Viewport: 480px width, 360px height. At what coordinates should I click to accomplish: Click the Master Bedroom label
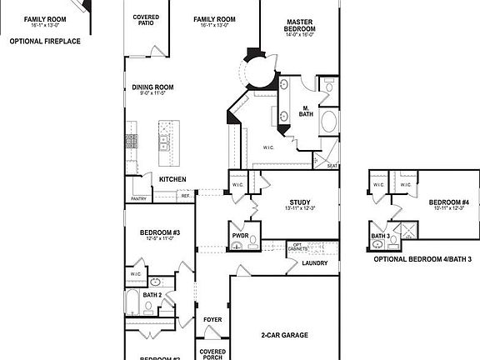pyautogui.click(x=299, y=25)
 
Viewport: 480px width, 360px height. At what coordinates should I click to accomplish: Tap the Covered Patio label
pyautogui.click(x=147, y=19)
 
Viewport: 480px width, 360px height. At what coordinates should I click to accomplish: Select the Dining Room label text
pyautogui.click(x=152, y=87)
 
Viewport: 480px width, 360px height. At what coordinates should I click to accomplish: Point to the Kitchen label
pyautogui.click(x=172, y=179)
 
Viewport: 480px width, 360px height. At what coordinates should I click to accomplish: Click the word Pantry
pyautogui.click(x=138, y=198)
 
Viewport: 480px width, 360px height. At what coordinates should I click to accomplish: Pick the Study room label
pyautogui.click(x=300, y=202)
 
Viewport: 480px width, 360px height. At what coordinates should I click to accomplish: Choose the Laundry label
pyautogui.click(x=315, y=263)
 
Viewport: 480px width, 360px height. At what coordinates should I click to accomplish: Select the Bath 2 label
pyautogui.click(x=151, y=295)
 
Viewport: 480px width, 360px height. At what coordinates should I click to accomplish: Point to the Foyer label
pyautogui.click(x=212, y=319)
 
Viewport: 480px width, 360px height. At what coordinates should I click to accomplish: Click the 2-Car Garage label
pyautogui.click(x=284, y=335)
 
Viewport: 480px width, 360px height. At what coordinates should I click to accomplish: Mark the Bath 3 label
pyautogui.click(x=379, y=237)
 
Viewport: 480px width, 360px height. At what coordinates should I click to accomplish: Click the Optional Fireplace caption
pyautogui.click(x=45, y=40)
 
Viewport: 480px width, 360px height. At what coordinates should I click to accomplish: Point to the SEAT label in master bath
pyautogui.click(x=332, y=165)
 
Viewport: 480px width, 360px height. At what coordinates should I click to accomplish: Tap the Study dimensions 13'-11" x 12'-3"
pyautogui.click(x=299, y=209)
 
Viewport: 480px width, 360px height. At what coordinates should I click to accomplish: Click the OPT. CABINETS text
pyautogui.click(x=301, y=248)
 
